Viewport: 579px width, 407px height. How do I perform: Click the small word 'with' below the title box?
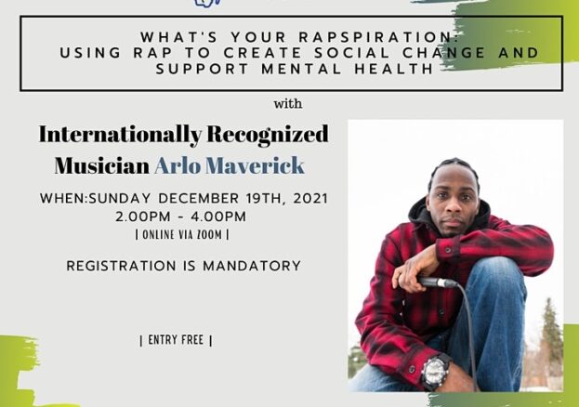[288, 104]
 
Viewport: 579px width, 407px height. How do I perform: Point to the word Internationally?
[121, 135]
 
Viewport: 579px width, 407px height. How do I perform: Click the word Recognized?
[268, 135]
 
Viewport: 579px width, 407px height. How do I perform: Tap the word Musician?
[102, 165]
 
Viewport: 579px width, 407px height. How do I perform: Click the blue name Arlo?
[178, 165]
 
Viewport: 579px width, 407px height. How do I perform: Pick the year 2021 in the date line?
[310, 198]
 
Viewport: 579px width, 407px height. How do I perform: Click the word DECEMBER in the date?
[199, 198]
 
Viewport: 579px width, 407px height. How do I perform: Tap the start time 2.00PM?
[143, 217]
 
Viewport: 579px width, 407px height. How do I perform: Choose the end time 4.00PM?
[218, 217]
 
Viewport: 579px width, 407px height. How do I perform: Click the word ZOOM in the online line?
[209, 235]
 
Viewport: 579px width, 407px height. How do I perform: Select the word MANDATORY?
[252, 266]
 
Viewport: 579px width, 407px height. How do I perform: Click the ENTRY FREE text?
[176, 340]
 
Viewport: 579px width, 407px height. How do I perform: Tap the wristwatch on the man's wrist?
[436, 370]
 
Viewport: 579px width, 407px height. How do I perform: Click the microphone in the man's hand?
[438, 282]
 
